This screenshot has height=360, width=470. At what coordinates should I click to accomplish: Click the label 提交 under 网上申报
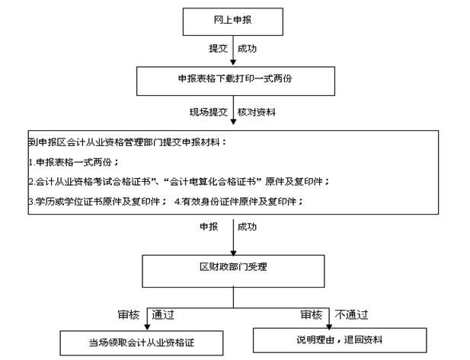click(x=219, y=49)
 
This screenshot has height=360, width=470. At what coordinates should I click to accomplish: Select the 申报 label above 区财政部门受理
click(x=209, y=227)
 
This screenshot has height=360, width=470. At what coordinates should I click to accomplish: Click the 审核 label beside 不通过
click(x=310, y=314)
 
